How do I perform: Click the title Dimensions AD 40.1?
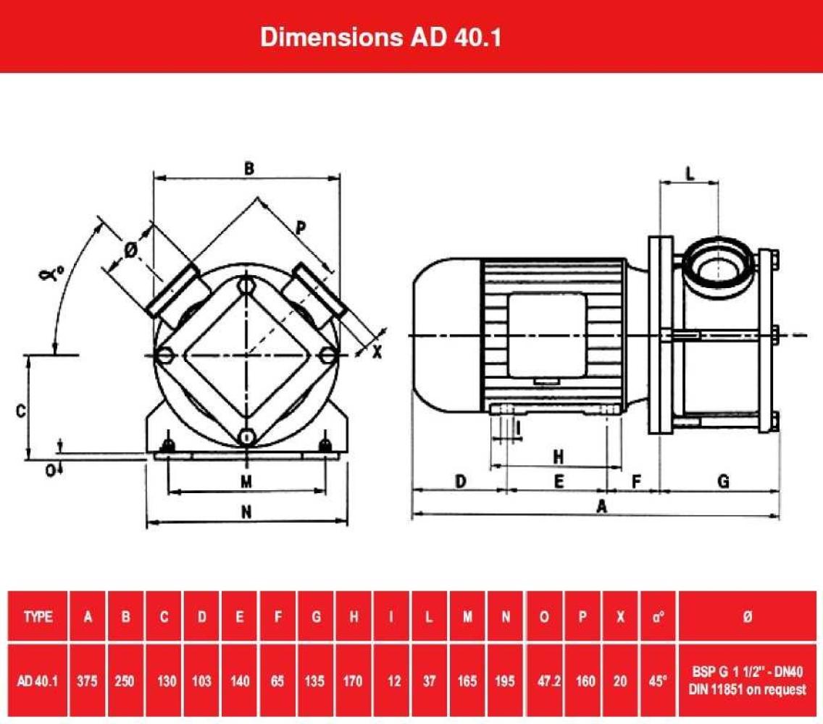pyautogui.click(x=381, y=38)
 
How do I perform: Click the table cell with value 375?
pyautogui.click(x=87, y=681)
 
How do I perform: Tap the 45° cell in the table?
pyautogui.click(x=657, y=681)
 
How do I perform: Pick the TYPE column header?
pyautogui.click(x=38, y=617)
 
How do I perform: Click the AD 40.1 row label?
pyautogui.click(x=38, y=681)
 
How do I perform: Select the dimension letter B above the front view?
pyautogui.click(x=249, y=169)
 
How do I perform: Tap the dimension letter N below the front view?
pyautogui.click(x=246, y=512)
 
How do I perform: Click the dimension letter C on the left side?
pyautogui.click(x=21, y=411)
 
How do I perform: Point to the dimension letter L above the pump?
pyautogui.click(x=690, y=173)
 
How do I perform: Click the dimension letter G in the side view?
pyautogui.click(x=722, y=481)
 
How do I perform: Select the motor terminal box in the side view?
pyautogui.click(x=546, y=334)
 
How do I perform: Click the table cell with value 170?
pyautogui.click(x=354, y=681)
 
